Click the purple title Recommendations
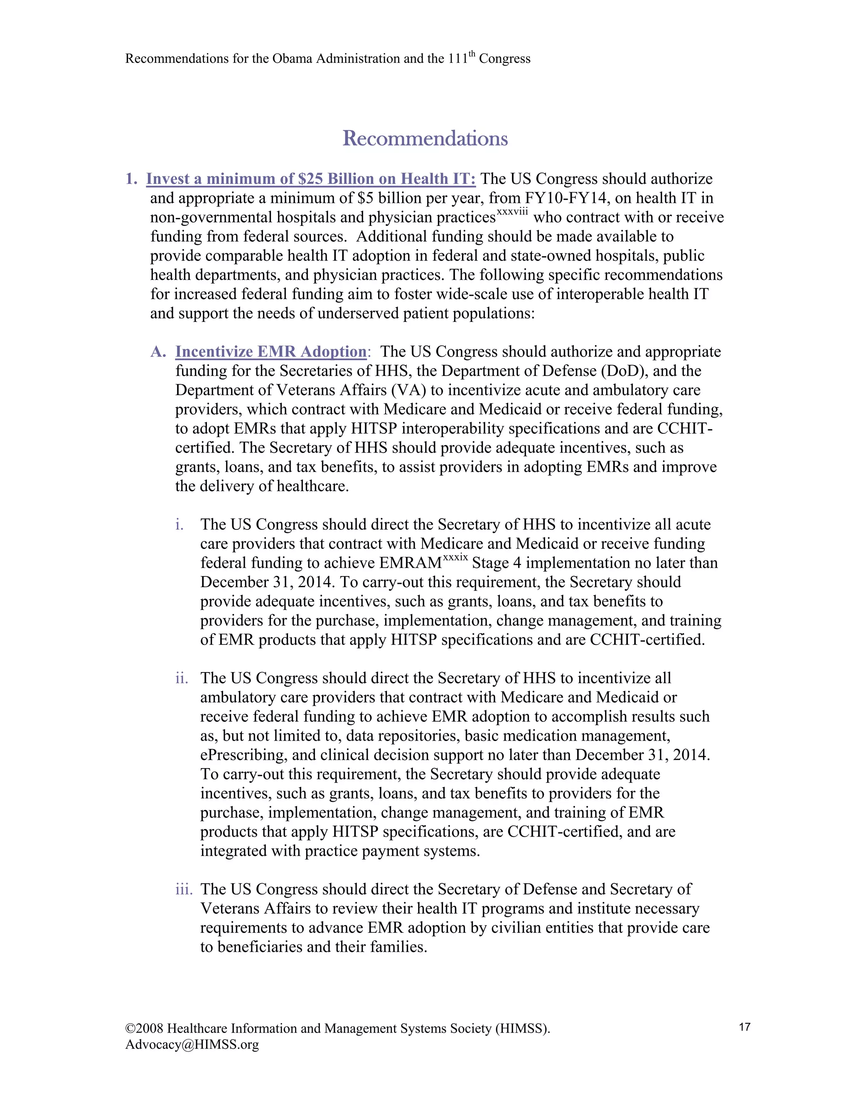[x=425, y=138]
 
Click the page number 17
[x=744, y=1027]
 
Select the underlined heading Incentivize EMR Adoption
[x=271, y=351]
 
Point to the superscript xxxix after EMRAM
[x=455, y=558]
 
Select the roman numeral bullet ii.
[x=181, y=678]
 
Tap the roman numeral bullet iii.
[x=184, y=889]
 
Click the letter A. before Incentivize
[x=158, y=352]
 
